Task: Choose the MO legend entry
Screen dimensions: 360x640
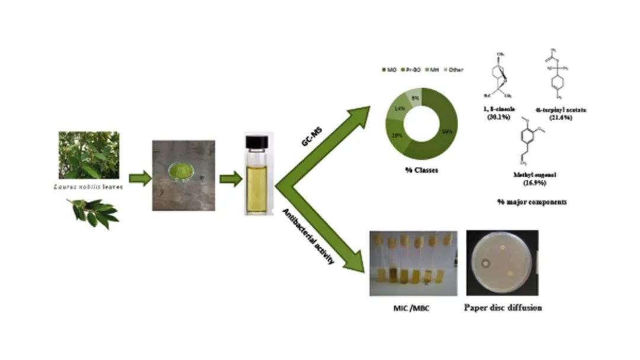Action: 389,70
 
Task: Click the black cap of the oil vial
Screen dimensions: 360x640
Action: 256,141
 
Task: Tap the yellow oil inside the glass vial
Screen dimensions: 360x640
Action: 256,187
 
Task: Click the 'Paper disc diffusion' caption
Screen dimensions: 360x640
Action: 503,308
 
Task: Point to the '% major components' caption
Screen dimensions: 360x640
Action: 532,202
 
